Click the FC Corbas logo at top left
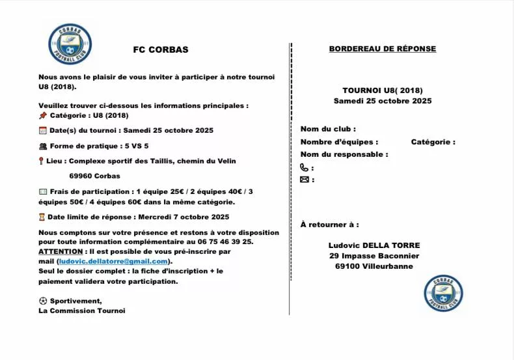pos(70,44)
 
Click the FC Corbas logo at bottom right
pos(443,293)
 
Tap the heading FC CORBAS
pos(160,49)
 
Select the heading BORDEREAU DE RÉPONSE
pos(383,49)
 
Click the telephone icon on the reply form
pos(304,167)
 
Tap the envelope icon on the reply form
pos(304,180)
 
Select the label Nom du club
pos(328,129)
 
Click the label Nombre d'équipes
pos(339,142)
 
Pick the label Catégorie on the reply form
pos(433,142)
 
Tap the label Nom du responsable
pos(344,154)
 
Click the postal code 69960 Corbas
pos(95,176)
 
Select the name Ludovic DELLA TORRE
pos(374,245)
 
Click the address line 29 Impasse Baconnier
pos(374,256)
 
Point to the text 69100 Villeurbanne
pos(374,266)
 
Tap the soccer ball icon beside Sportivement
pos(43,301)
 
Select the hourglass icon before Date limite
pos(42,217)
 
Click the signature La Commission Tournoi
pos(82,311)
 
